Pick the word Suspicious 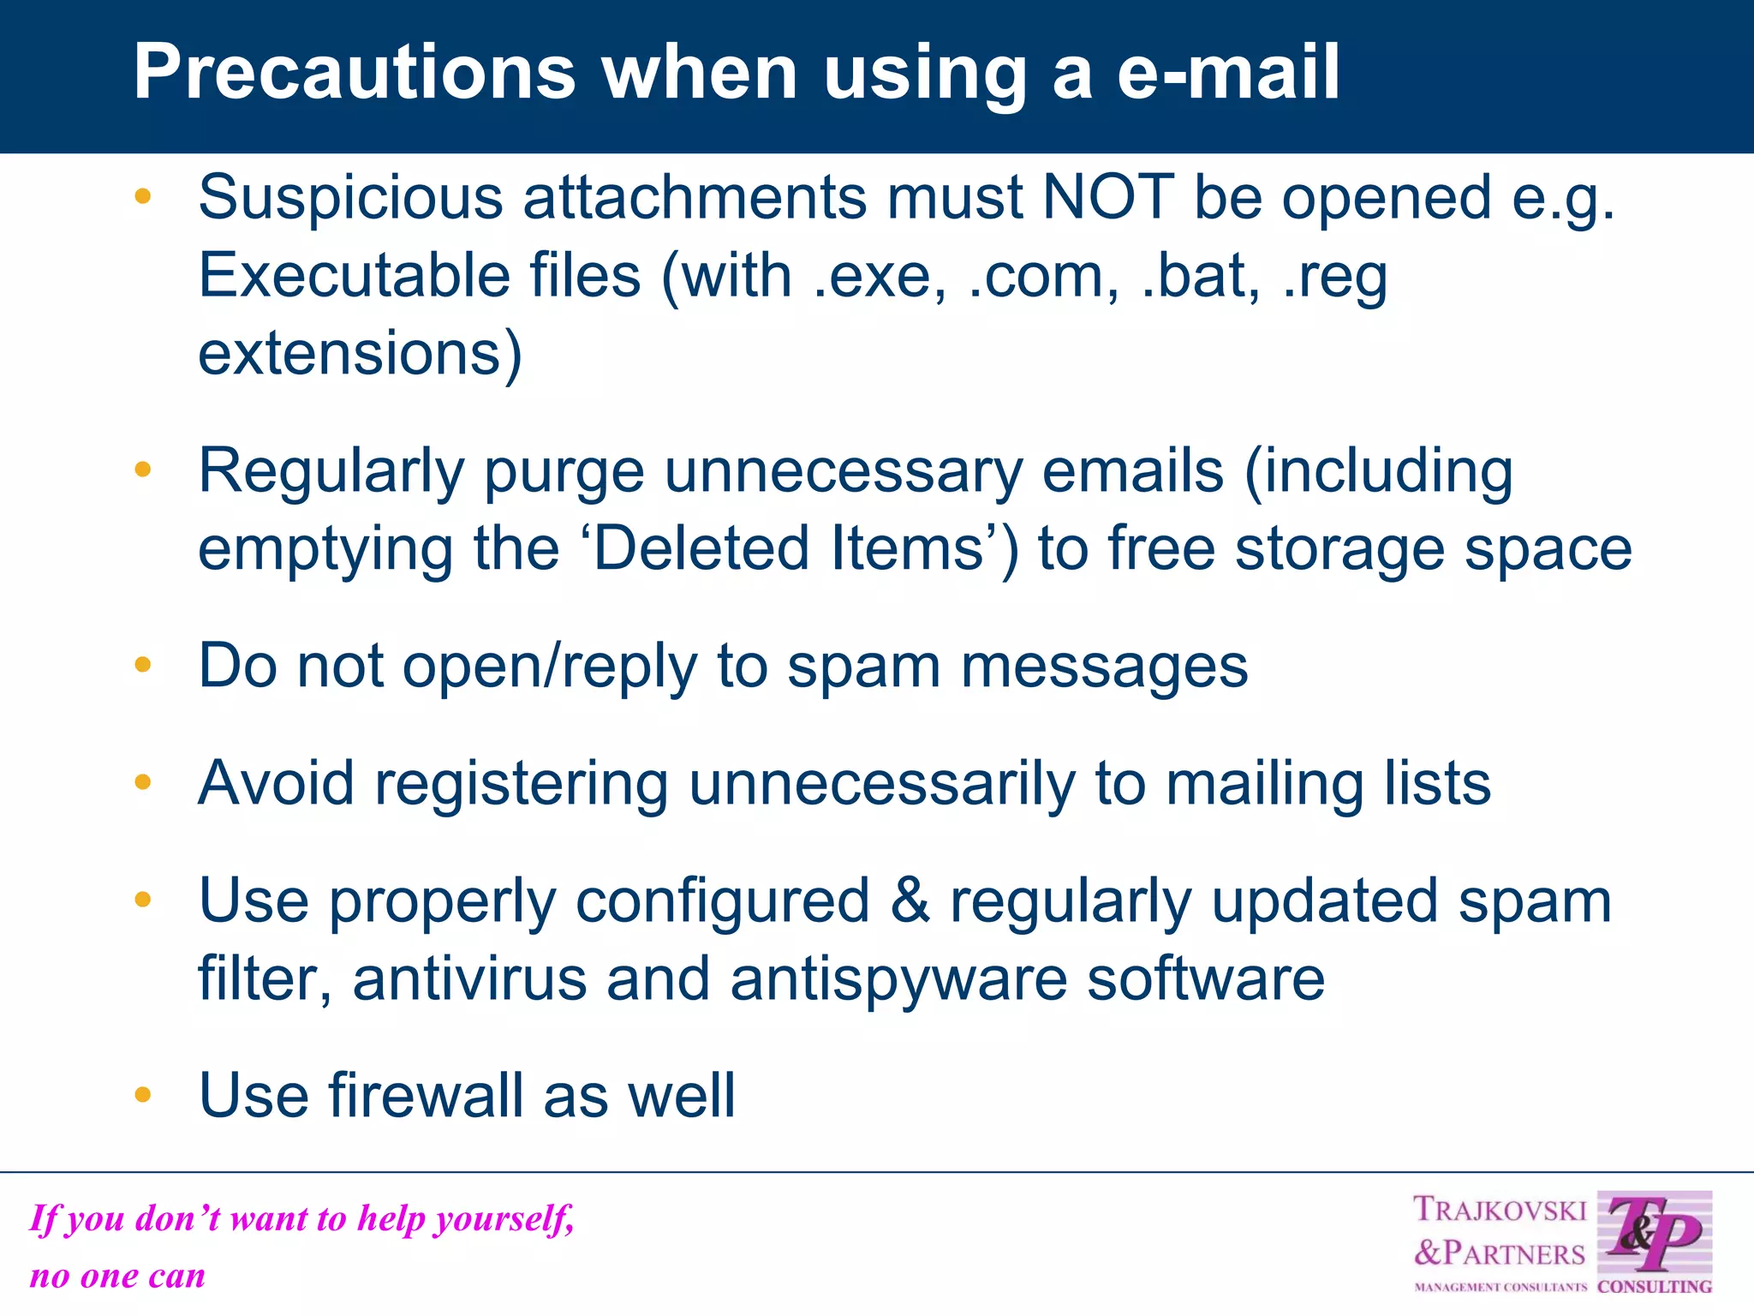click(350, 197)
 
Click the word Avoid click(276, 783)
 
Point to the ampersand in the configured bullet click(910, 900)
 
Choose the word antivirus click(469, 978)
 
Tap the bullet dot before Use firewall click(143, 1094)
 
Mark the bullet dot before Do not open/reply click(143, 664)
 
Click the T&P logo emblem click(1654, 1235)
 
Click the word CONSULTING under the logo click(1655, 1287)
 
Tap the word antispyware click(898, 978)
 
